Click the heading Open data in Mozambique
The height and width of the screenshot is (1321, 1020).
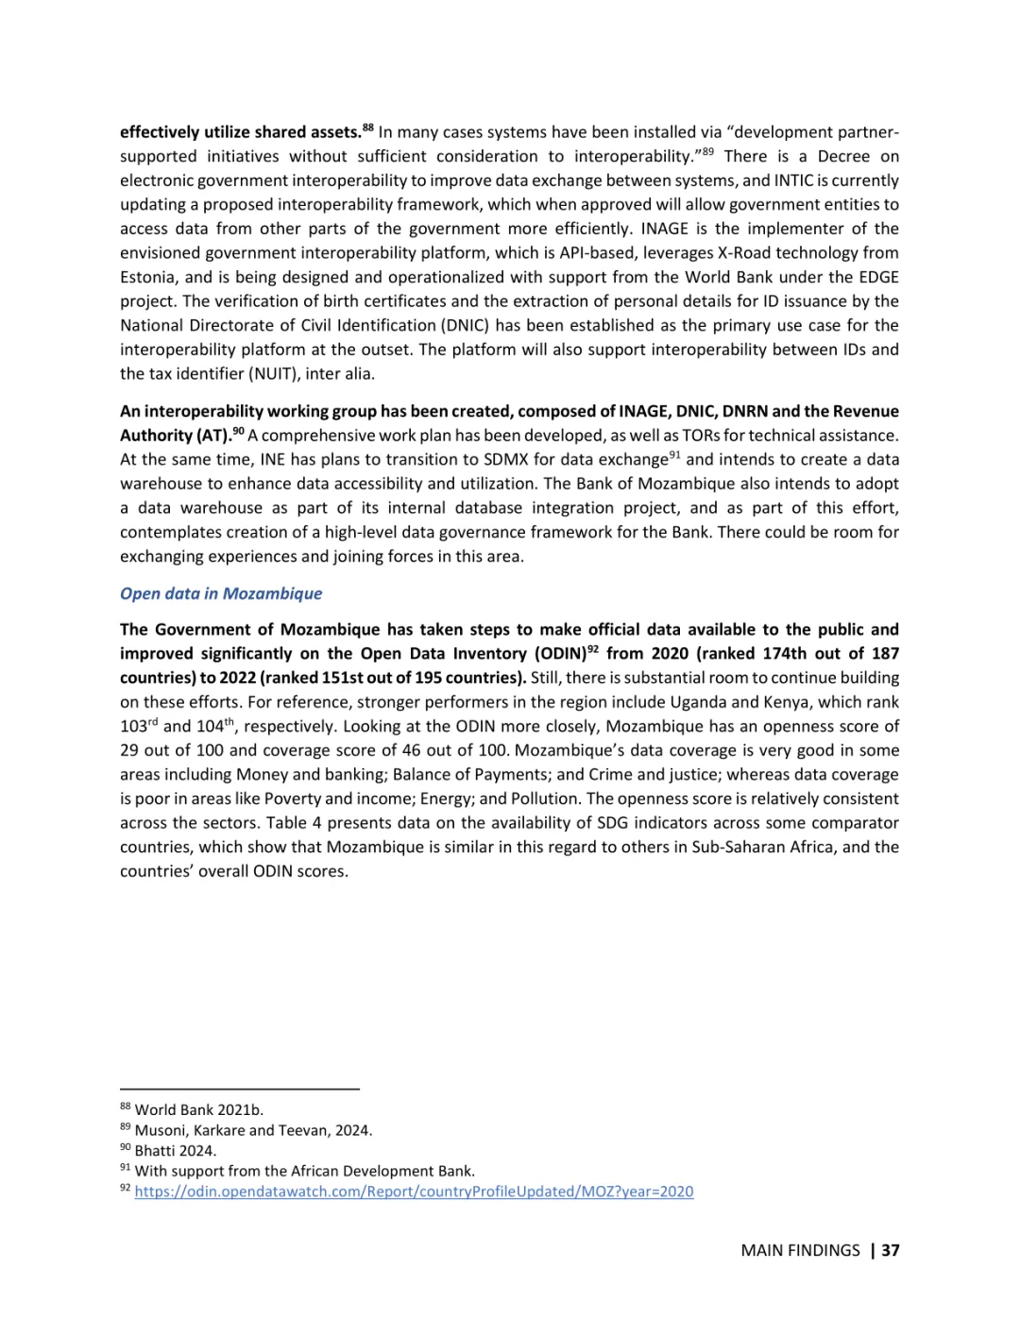tap(221, 593)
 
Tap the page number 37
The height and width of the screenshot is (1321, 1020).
tap(891, 1250)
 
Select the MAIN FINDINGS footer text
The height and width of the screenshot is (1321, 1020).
tap(800, 1250)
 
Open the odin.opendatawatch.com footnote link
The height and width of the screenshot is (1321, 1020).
tap(414, 1192)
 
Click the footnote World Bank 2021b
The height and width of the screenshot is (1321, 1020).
tap(198, 1109)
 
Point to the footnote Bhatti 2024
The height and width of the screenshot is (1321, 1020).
tap(175, 1151)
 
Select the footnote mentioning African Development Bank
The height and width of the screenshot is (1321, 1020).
tap(304, 1171)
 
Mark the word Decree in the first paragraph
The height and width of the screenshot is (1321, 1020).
tap(843, 156)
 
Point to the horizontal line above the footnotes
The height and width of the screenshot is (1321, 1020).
tap(240, 1089)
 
